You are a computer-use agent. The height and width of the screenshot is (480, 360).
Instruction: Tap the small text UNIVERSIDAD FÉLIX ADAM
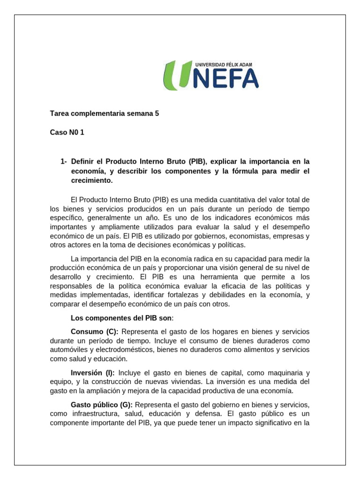223,64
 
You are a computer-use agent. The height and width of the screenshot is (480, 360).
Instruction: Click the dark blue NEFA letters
225,79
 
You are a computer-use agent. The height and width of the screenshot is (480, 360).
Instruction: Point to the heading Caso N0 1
67,132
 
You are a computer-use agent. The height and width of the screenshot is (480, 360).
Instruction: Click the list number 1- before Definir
64,161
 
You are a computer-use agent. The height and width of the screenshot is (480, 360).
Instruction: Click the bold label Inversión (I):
92,373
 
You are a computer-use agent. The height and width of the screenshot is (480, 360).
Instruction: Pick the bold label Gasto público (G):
102,404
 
